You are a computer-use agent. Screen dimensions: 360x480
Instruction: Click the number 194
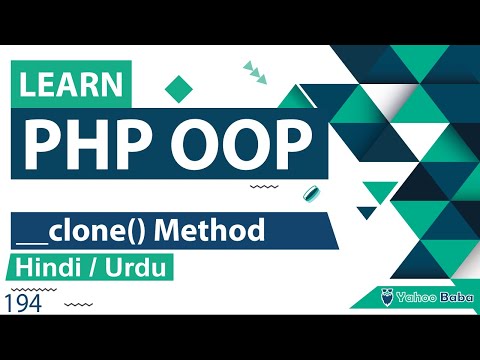coord(22,303)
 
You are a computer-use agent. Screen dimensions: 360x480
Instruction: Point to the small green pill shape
coord(311,193)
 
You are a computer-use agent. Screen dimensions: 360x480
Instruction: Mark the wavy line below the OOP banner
coord(263,186)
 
